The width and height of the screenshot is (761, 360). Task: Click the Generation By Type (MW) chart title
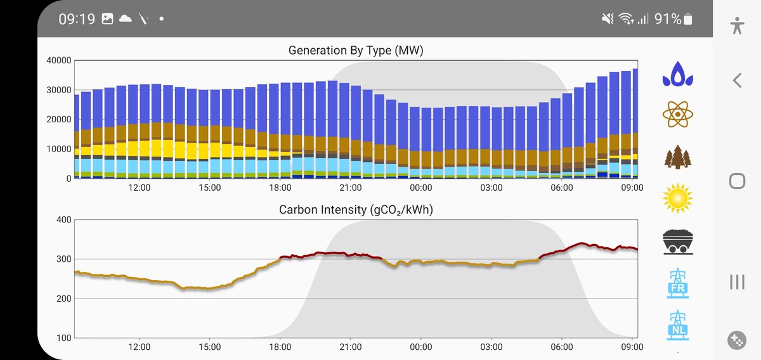point(356,50)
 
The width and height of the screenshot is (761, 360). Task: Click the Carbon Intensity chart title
point(356,210)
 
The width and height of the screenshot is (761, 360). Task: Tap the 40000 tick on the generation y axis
point(58,61)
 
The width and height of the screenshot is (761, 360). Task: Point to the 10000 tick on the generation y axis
point(58,149)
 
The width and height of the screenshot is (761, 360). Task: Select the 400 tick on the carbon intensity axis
point(63,220)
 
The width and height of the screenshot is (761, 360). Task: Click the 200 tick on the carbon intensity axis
point(63,299)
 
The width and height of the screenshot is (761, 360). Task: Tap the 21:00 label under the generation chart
point(350,188)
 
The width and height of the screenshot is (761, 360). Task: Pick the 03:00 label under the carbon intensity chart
point(491,347)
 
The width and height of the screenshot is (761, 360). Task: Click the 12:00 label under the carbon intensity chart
point(139,347)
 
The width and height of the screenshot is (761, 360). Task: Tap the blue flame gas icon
point(678,74)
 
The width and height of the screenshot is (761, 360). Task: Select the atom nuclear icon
point(678,114)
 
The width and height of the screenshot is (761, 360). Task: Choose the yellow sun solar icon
point(678,198)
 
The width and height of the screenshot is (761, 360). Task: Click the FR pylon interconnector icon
point(678,283)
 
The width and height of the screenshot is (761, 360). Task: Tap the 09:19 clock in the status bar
point(77,19)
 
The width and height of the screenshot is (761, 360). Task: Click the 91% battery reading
point(667,19)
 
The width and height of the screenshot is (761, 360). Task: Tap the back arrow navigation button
point(737,80)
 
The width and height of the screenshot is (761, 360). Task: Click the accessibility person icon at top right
point(737,25)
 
